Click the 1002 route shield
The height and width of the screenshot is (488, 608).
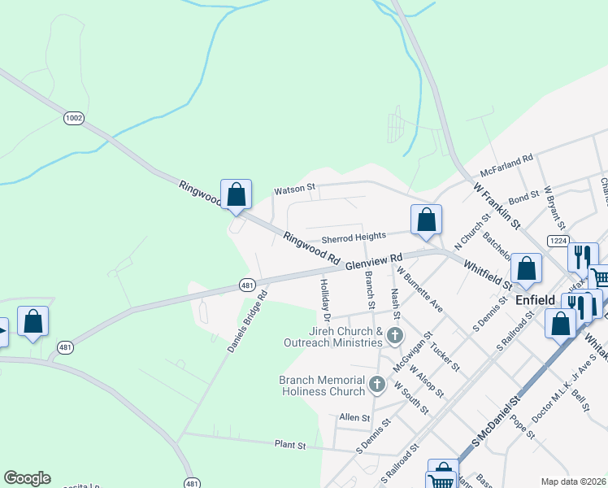(x=74, y=118)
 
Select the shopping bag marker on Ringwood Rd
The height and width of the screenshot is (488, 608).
(x=237, y=195)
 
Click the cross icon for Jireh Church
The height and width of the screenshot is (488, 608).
(x=394, y=335)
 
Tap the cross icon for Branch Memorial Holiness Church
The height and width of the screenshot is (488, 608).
(x=376, y=384)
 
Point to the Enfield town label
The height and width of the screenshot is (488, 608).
(x=536, y=300)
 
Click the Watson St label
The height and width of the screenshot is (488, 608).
(x=294, y=189)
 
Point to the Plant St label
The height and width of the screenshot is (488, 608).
(x=290, y=446)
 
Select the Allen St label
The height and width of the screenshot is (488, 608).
(x=354, y=417)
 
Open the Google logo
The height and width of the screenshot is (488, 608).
(x=27, y=478)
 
